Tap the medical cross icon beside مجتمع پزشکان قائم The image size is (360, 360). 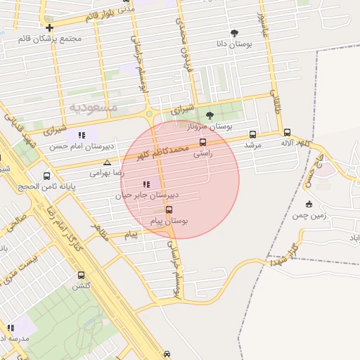pos(49,27)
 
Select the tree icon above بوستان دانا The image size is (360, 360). pos(234,33)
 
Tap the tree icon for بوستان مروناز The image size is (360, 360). pos(210,115)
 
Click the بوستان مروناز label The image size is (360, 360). pos(209,127)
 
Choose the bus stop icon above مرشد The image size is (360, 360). pos(252,134)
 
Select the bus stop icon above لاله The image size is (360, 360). pos(287,132)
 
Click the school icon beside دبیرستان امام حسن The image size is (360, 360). pos(82,135)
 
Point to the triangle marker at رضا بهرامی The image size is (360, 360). pos(107,162)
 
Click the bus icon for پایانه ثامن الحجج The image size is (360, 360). pos(47,176)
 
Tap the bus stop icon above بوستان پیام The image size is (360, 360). pos(169,210)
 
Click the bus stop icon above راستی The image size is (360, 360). pos(202,142)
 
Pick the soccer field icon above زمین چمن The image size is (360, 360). pos(309,205)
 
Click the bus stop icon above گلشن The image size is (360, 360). pos(81,276)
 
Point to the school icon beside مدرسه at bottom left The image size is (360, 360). pos(11,328)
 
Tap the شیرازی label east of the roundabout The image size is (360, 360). pos(182,110)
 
